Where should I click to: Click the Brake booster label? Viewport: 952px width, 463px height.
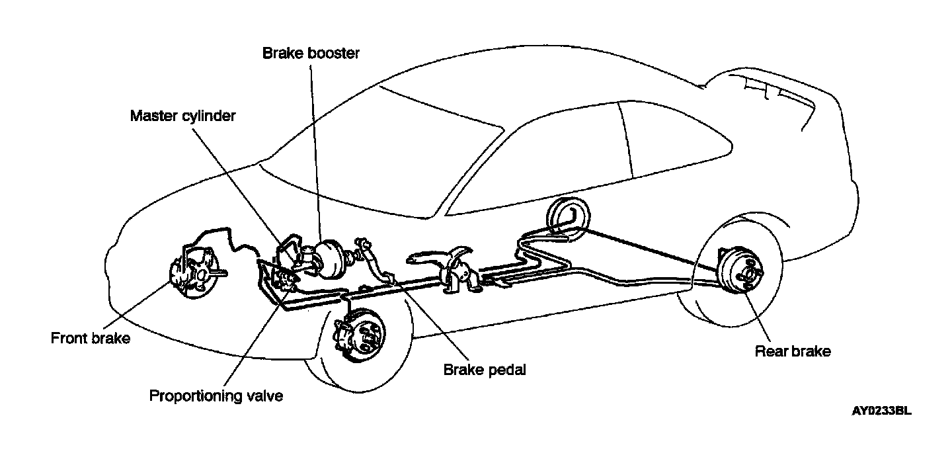(x=311, y=53)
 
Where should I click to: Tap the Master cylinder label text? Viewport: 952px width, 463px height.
(x=182, y=116)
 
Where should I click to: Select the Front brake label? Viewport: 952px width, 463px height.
(x=91, y=339)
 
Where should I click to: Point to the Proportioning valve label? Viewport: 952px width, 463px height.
(x=216, y=396)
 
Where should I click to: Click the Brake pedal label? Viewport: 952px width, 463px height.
(x=485, y=370)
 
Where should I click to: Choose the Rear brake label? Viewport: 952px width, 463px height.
(x=793, y=351)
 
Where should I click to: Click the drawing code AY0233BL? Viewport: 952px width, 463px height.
(x=881, y=411)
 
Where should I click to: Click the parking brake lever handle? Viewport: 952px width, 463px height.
(x=436, y=257)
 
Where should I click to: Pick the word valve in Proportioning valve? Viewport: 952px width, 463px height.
(x=264, y=396)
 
